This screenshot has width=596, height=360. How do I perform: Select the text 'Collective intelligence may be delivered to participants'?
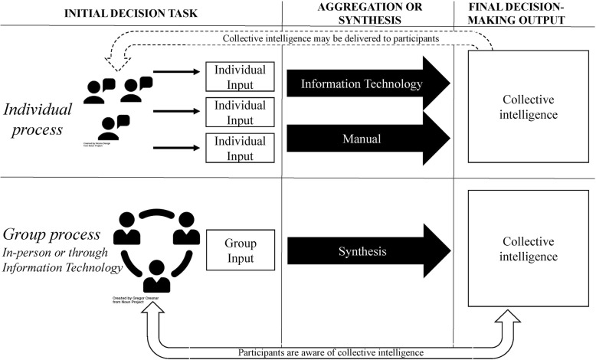(x=331, y=38)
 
